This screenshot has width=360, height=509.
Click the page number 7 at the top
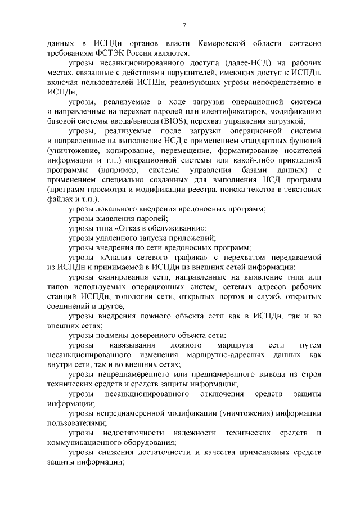pos(184,25)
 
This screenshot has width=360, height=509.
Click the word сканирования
pos(127,277)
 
